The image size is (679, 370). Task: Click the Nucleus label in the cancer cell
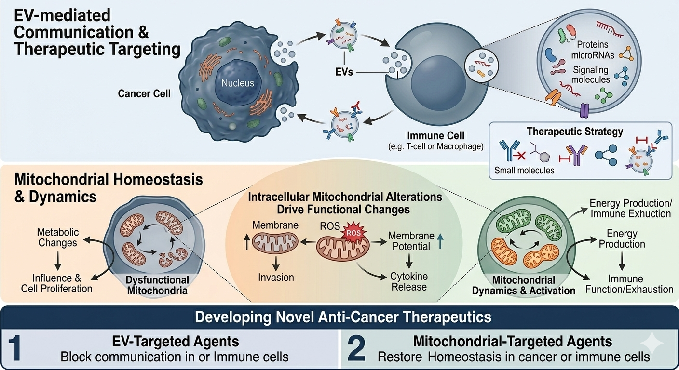(237, 83)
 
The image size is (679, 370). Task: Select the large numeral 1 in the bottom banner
(14, 348)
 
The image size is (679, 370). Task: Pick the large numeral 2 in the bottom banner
(356, 348)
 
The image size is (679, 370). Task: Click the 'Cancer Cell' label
(144, 93)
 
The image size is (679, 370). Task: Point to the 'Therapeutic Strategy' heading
(575, 132)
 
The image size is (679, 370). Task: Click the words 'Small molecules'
(524, 170)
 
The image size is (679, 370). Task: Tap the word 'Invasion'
(276, 277)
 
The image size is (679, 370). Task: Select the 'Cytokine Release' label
(409, 281)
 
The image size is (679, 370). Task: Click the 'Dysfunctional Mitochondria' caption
(157, 285)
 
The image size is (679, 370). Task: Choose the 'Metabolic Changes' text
(57, 238)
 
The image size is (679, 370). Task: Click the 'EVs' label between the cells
(344, 72)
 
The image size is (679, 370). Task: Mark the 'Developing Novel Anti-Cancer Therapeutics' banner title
(343, 317)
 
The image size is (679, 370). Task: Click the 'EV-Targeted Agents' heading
(176, 341)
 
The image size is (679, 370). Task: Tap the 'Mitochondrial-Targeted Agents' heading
(513, 341)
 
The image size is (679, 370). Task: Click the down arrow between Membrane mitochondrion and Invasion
(276, 264)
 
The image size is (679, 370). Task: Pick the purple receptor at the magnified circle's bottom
(584, 110)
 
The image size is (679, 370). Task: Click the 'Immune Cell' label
(436, 135)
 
